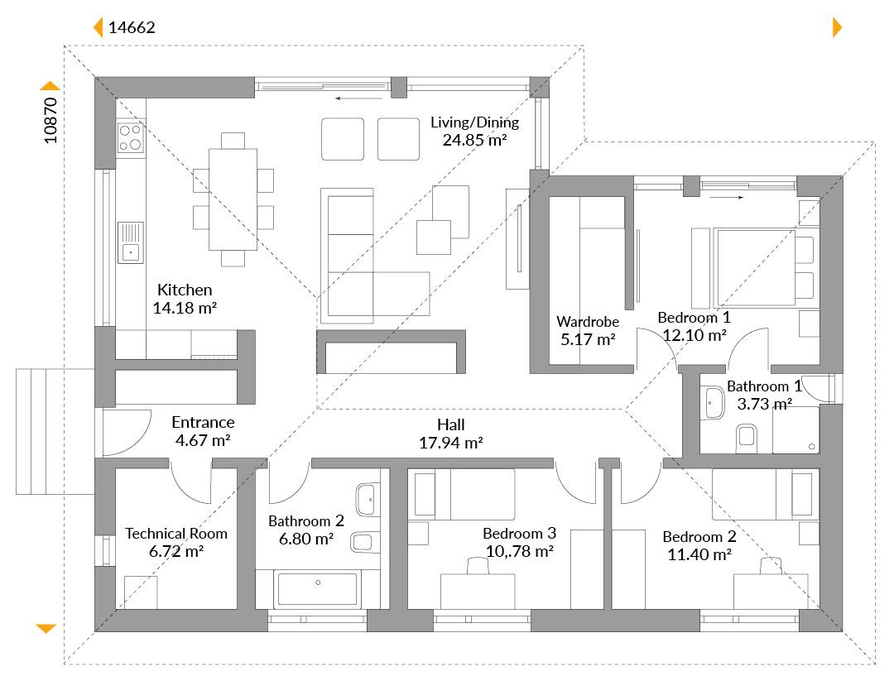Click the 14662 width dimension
click(132, 27)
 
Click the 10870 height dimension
click(50, 120)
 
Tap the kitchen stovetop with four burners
click(130, 137)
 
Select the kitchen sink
click(131, 242)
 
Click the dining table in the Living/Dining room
click(233, 199)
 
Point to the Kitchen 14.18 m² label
click(185, 299)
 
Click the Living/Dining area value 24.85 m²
click(475, 140)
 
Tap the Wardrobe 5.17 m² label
click(588, 331)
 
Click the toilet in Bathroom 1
click(747, 439)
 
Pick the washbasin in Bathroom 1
click(714, 403)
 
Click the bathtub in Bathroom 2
click(318, 589)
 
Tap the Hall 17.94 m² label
click(451, 434)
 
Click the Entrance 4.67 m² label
click(203, 431)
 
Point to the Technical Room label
click(176, 534)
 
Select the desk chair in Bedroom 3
click(478, 566)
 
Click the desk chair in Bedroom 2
click(771, 566)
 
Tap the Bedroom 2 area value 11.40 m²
click(699, 554)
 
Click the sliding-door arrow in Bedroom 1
click(727, 197)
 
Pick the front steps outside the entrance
click(55, 431)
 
